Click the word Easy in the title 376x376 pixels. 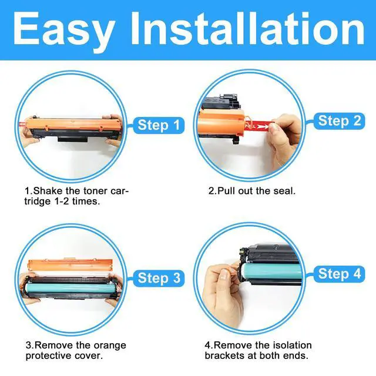[64, 31]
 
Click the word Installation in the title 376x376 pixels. [247, 28]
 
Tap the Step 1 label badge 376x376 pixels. [159, 125]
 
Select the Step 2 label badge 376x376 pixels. [339, 121]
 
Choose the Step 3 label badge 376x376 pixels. [159, 278]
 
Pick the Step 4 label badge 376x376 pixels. [339, 274]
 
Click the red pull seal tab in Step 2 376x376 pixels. [257, 126]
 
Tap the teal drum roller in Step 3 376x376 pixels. [70, 287]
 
